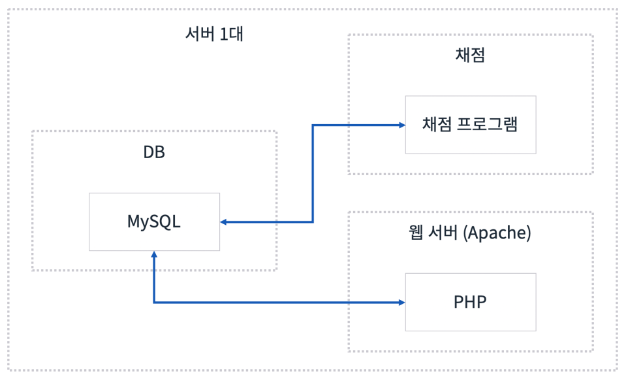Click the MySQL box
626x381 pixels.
154,222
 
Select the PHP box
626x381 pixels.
470,302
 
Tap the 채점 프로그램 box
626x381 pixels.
470,124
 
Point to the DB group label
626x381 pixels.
154,152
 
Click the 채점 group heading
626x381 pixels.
470,55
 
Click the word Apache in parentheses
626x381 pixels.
495,233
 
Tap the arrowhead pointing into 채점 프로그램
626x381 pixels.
401,124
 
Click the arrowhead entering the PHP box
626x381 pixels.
401,302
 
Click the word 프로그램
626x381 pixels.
489,124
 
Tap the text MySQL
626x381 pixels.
154,222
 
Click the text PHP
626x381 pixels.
470,302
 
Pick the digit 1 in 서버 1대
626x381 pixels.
224,34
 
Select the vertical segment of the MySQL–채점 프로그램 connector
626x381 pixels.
313,173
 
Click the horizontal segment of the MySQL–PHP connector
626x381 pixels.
274,302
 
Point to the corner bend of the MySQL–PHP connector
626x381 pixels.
154,302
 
